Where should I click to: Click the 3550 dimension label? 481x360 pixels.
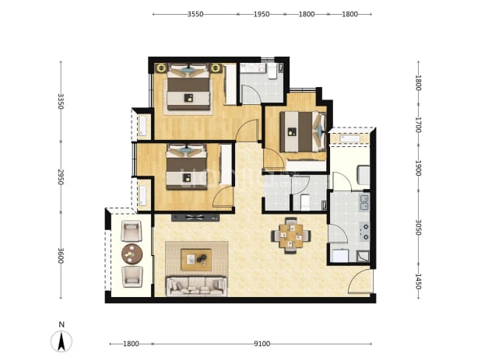195,14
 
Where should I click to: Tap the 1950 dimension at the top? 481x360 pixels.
262,14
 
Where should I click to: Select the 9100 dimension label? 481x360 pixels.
262,344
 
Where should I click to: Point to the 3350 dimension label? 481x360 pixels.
61,101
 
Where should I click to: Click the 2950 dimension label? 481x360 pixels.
61,177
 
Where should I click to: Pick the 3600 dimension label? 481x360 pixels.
61,256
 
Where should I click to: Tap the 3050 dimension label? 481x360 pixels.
418,227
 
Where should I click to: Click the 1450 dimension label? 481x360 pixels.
418,281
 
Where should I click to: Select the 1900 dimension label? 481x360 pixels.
418,168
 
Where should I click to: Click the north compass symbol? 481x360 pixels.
61,341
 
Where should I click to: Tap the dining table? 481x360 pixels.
291,236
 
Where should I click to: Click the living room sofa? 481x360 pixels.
196,286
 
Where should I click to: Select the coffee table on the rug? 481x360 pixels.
196,260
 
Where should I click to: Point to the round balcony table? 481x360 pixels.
132,253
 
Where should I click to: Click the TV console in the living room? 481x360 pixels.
195,218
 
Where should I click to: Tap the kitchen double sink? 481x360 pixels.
364,203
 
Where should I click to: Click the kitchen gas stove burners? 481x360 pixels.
365,232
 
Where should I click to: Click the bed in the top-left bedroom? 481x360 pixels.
188,87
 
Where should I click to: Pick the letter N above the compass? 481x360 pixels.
61,324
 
